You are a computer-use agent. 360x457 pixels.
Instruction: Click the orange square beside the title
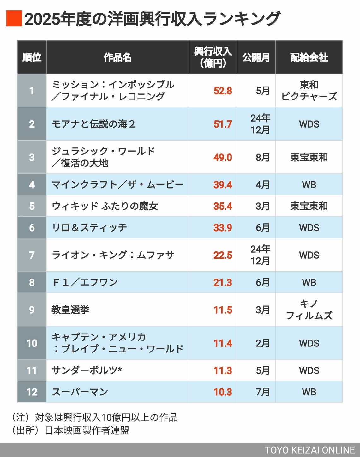(x=14, y=18)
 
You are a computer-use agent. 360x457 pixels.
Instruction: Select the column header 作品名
(x=117, y=57)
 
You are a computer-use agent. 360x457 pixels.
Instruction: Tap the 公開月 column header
(x=256, y=57)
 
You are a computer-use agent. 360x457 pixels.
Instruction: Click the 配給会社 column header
(x=309, y=57)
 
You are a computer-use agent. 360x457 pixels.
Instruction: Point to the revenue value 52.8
(x=223, y=91)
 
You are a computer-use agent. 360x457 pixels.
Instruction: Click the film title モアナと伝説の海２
(x=93, y=124)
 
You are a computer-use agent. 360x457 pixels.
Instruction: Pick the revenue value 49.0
(x=223, y=157)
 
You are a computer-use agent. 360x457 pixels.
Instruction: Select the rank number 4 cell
(x=32, y=185)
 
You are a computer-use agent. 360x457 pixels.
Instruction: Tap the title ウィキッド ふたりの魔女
(x=105, y=206)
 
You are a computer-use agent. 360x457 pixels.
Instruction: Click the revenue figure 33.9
(x=223, y=228)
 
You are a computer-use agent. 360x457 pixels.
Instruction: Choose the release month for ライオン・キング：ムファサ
(x=260, y=255)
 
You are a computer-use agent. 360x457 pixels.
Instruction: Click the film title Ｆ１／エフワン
(x=85, y=282)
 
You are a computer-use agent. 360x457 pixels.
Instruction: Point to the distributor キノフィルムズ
(x=309, y=310)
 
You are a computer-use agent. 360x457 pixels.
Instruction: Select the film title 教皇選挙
(x=70, y=310)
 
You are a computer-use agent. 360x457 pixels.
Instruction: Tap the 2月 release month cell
(x=262, y=343)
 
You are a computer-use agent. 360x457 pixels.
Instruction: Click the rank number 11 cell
(x=32, y=370)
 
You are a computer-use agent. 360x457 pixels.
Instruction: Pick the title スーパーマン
(x=80, y=392)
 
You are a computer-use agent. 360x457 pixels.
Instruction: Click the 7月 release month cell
(x=262, y=392)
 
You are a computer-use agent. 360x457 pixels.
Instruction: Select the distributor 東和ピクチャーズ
(x=309, y=91)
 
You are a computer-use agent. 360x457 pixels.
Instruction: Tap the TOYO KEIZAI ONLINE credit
(x=309, y=450)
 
